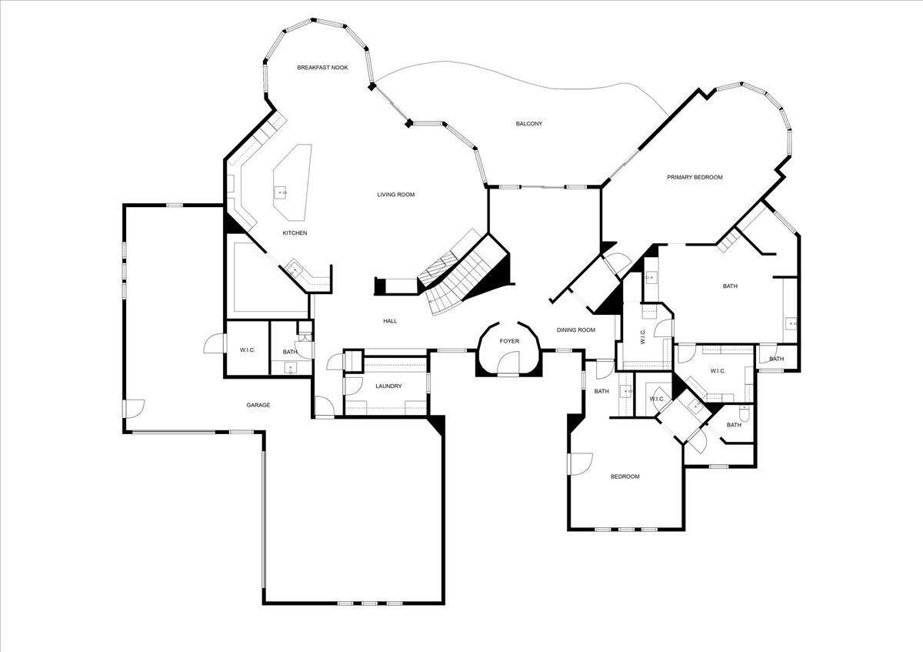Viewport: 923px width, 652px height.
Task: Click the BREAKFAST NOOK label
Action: click(322, 68)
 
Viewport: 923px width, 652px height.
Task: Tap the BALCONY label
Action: click(528, 124)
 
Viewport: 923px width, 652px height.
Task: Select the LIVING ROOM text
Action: click(395, 195)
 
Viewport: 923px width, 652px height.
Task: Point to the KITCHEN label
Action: click(295, 233)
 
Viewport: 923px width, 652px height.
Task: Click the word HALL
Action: click(390, 321)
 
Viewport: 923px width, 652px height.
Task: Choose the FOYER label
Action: click(509, 341)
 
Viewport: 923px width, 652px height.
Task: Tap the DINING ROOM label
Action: click(576, 330)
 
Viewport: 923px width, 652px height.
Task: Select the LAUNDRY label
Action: click(388, 386)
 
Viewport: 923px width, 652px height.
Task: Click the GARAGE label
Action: click(258, 405)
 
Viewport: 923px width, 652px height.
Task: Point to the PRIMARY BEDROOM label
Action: click(695, 178)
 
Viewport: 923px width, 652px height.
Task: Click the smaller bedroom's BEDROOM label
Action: click(625, 476)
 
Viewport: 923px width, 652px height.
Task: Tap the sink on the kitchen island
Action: click(282, 192)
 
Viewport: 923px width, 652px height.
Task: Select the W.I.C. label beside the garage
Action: click(247, 351)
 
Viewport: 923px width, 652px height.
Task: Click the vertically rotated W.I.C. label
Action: click(643, 336)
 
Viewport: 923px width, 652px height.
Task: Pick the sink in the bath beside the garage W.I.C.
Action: click(291, 368)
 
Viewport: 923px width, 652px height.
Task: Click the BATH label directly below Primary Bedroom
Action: click(729, 286)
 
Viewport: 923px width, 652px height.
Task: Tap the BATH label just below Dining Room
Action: click(601, 392)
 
